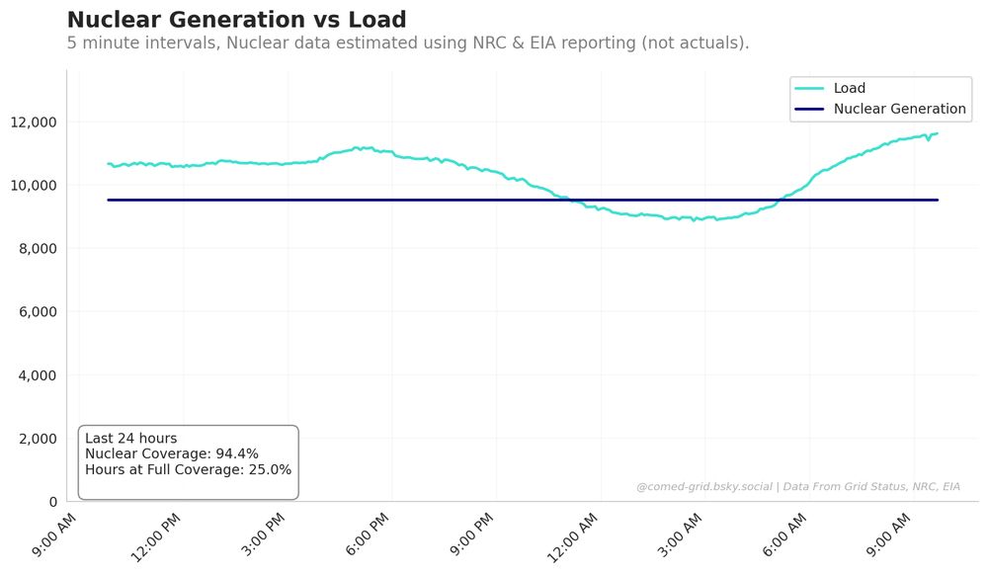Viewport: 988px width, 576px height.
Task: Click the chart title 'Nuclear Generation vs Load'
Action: point(236,20)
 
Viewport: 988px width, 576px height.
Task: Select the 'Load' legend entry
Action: point(849,88)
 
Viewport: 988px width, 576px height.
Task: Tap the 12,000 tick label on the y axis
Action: point(33,122)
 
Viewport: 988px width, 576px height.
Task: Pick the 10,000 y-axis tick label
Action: point(33,185)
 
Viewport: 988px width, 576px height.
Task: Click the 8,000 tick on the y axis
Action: point(37,248)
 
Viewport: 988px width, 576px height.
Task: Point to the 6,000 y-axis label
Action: point(37,311)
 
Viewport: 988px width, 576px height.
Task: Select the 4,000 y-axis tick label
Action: point(37,375)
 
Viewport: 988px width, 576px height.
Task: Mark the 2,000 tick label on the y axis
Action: point(37,439)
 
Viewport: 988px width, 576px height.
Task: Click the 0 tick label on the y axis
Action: point(53,502)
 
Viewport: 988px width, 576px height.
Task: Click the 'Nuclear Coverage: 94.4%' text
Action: point(172,454)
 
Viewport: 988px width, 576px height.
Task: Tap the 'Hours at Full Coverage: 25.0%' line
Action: point(188,470)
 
